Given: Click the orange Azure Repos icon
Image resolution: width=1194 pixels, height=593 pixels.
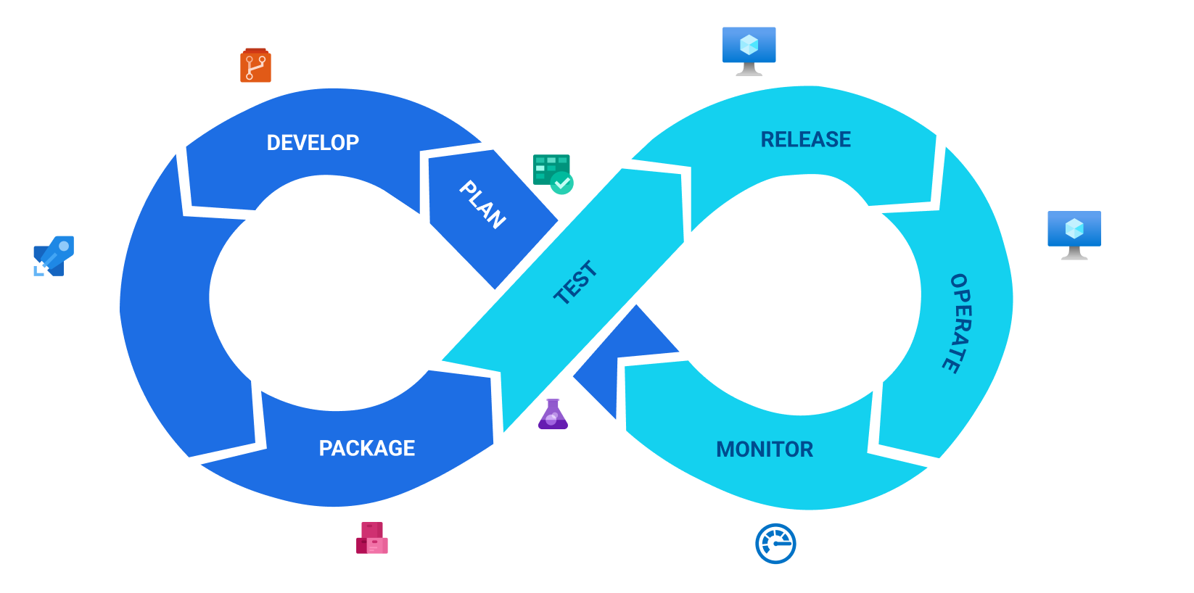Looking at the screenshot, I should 255,66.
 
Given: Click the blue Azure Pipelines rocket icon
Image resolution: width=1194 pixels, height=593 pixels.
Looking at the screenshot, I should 54,256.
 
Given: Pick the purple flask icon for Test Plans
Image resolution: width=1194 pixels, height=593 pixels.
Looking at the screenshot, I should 553,415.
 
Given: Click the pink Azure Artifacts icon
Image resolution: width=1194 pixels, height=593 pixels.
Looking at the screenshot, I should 371,537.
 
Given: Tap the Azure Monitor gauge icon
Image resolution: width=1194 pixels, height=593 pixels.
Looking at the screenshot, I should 775,544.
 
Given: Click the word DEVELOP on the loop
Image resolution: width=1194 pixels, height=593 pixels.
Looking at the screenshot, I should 313,143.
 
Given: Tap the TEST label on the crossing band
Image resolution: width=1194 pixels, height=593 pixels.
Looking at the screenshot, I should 575,282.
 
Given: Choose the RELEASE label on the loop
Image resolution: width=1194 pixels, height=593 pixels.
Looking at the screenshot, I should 805,139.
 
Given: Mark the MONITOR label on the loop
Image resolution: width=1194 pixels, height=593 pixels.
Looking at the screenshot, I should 765,449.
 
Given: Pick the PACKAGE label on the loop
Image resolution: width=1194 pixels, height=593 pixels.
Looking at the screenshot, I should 367,448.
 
